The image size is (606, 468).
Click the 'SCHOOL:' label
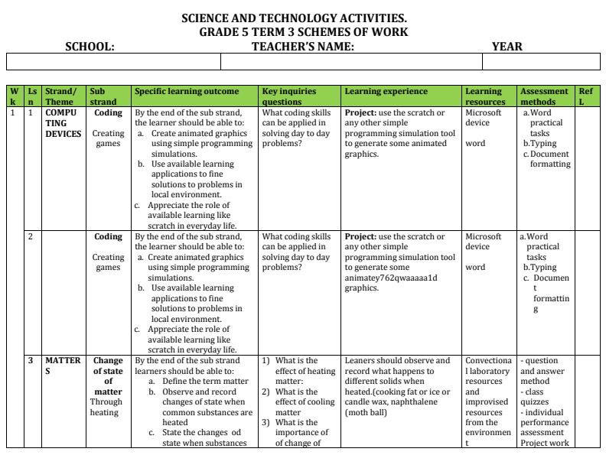tap(90, 47)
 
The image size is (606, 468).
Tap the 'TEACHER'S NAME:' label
tap(303, 47)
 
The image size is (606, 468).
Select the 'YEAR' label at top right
tap(507, 47)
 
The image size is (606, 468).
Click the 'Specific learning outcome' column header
tap(187, 92)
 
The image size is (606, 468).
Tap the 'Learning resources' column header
tap(485, 96)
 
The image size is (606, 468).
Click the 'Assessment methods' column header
tap(543, 96)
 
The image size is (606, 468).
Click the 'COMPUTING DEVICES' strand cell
tap(63, 123)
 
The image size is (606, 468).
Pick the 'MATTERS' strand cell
tap(62, 366)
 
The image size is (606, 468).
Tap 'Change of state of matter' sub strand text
tap(108, 376)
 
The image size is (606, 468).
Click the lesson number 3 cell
tap(31, 361)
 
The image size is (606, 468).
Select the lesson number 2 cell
tap(31, 237)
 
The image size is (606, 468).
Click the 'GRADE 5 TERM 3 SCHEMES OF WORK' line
tap(304, 32)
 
